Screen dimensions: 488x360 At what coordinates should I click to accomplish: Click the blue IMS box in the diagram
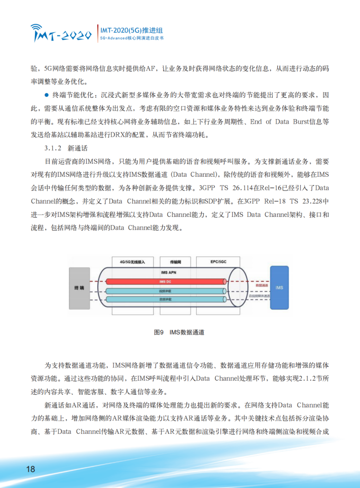(x=279, y=288)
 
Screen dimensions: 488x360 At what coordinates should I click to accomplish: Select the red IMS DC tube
(x=167, y=281)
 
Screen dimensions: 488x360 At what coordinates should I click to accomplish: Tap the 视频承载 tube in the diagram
(x=167, y=291)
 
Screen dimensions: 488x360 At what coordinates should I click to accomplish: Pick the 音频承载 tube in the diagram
(x=167, y=300)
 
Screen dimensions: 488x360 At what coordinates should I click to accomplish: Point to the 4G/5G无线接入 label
(x=132, y=262)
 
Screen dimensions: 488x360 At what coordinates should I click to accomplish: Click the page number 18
(x=30, y=469)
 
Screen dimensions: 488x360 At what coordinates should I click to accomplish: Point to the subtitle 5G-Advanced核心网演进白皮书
(x=131, y=38)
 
